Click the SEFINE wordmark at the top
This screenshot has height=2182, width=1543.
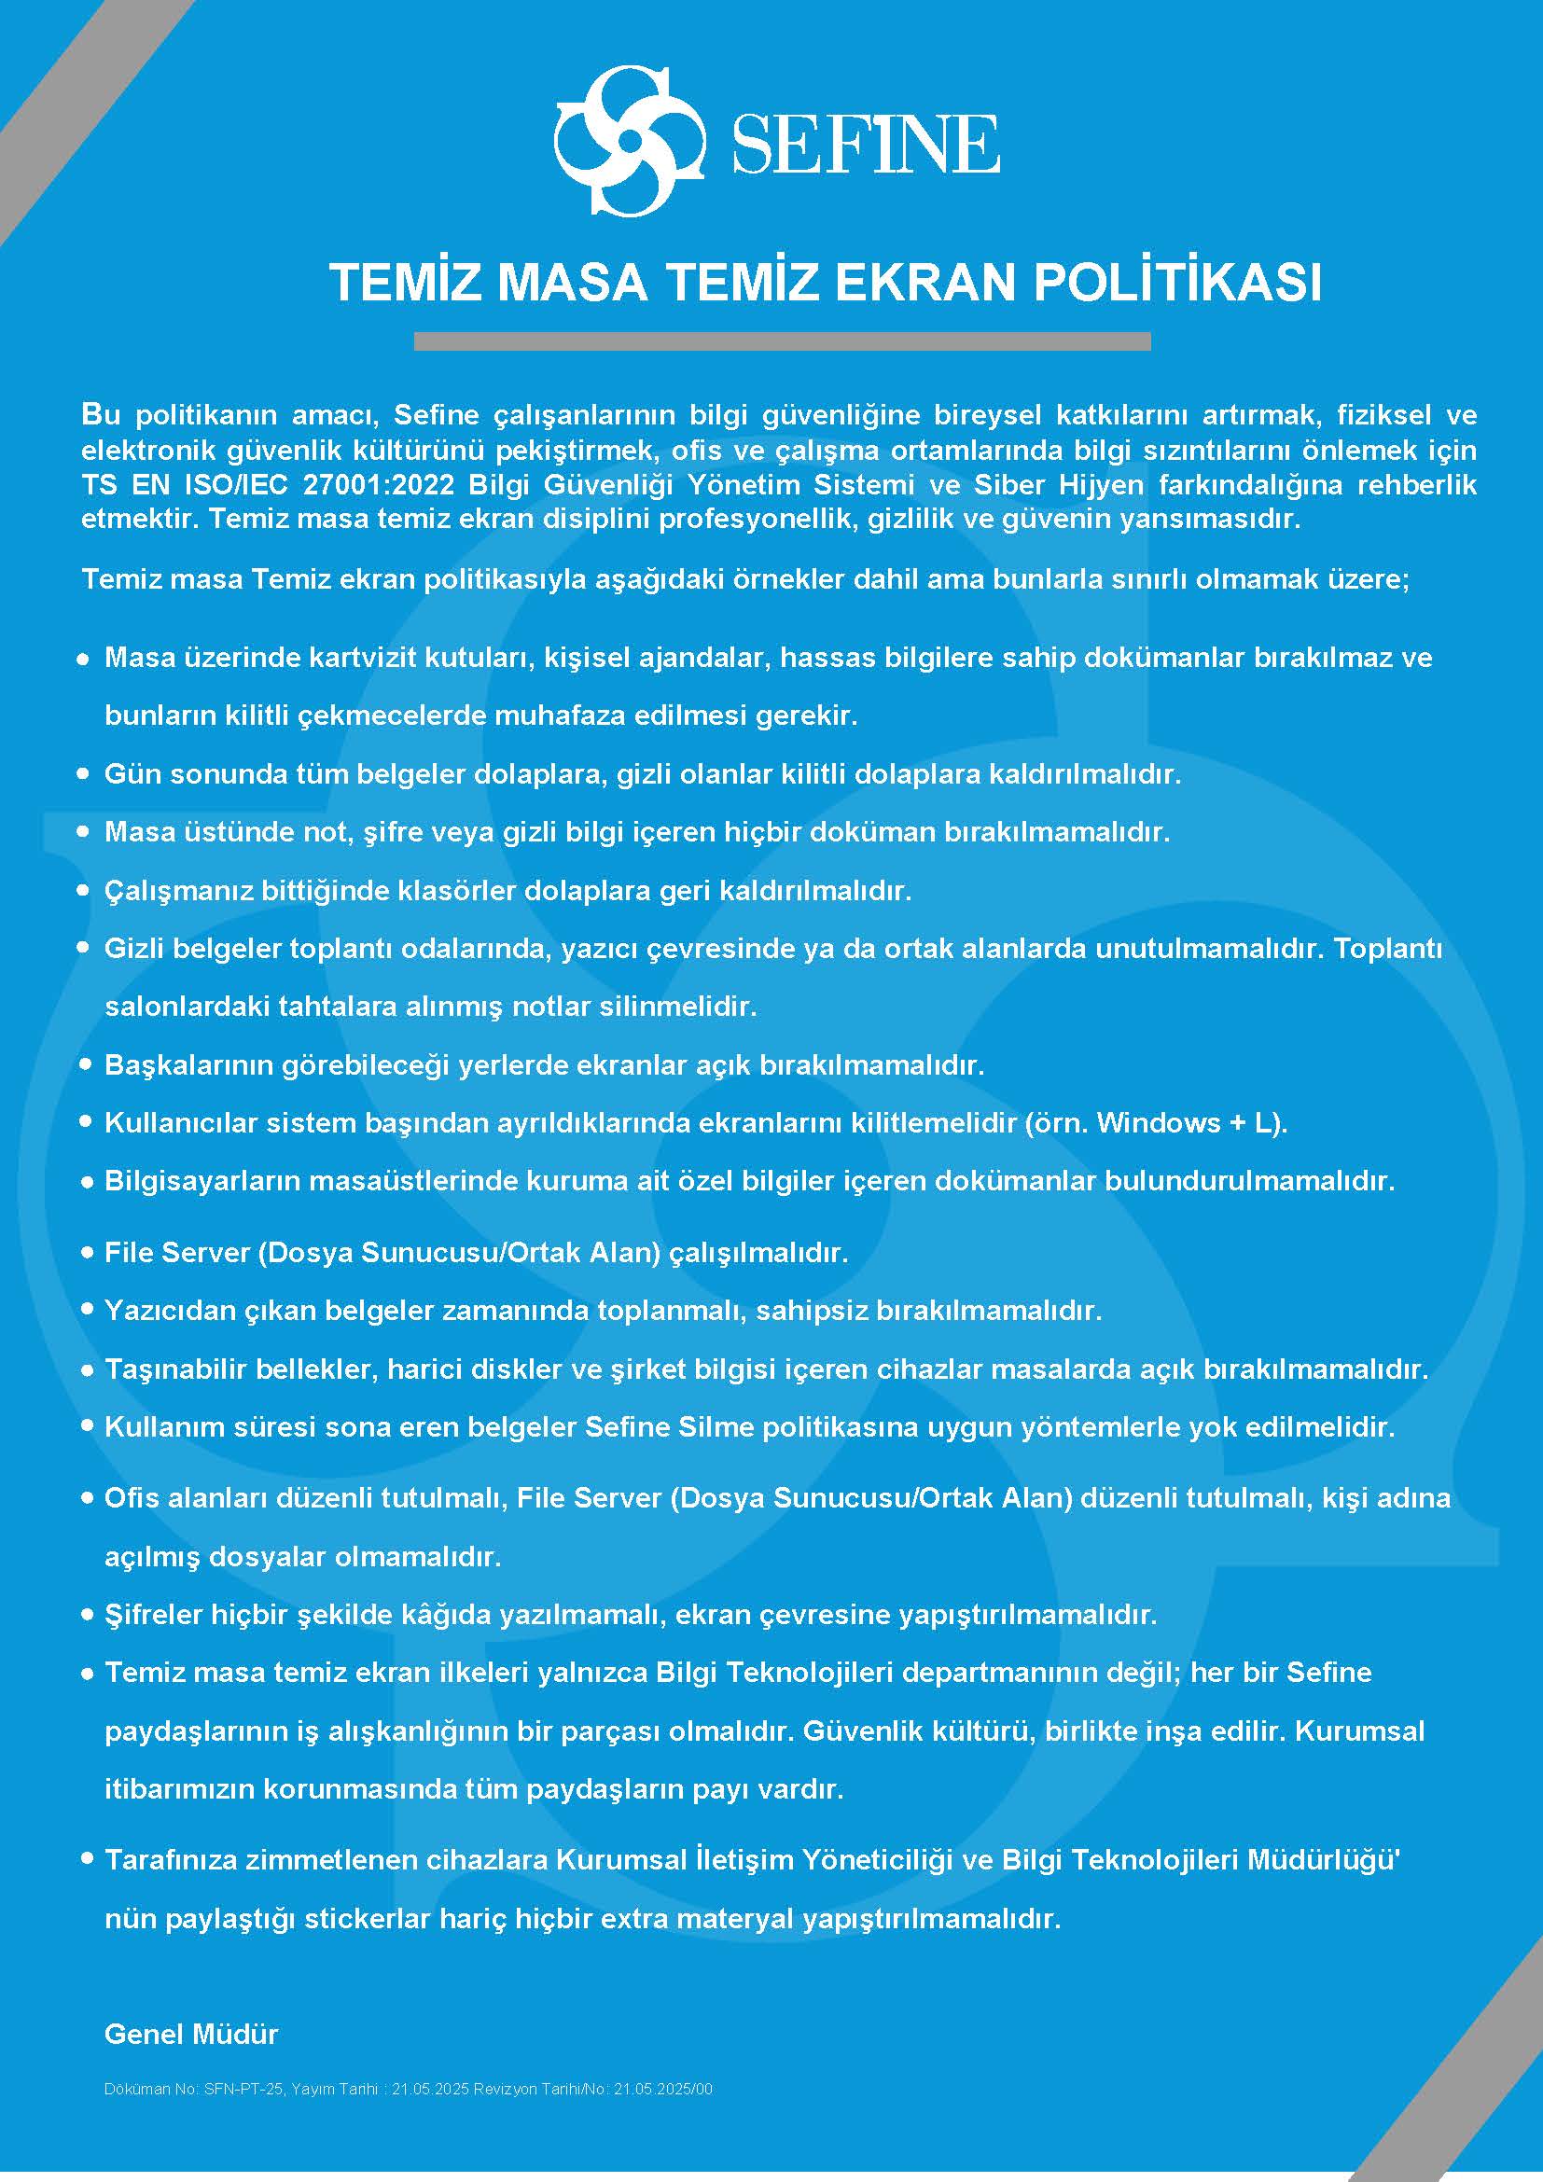[865, 145]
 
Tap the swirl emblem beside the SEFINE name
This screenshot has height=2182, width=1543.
[630, 142]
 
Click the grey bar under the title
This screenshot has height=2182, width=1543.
[782, 341]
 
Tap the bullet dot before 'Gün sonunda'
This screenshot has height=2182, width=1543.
[84, 774]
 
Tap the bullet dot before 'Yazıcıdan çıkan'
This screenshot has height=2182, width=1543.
[87, 1311]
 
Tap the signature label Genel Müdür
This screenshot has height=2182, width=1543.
[191, 2035]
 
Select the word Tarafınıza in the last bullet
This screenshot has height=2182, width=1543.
[170, 1860]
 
